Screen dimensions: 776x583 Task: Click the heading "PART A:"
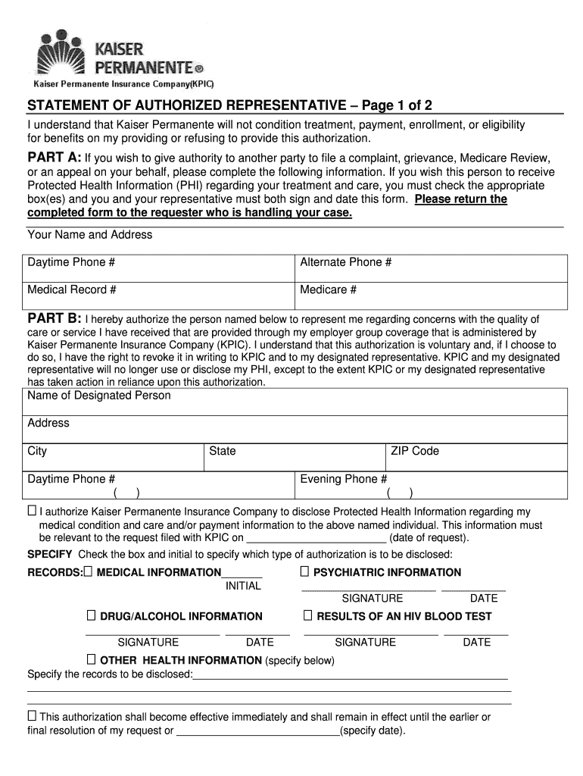pyautogui.click(x=55, y=158)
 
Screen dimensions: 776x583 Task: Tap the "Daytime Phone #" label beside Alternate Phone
pyautogui.click(x=71, y=263)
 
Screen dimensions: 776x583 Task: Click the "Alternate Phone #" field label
pyautogui.click(x=345, y=263)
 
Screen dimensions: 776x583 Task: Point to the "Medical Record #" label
pyautogui.click(x=71, y=290)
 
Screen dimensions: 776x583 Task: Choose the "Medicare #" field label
pyautogui.click(x=328, y=290)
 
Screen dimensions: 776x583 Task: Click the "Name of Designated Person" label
pyautogui.click(x=99, y=396)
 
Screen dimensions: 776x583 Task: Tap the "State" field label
pyautogui.click(x=223, y=451)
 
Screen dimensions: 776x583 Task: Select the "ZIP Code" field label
pyautogui.click(x=415, y=451)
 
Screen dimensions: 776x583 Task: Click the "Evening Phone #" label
pyautogui.click(x=344, y=479)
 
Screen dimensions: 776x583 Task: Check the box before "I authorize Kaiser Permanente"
pyautogui.click(x=32, y=511)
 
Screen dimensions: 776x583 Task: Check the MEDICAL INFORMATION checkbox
pyautogui.click(x=89, y=571)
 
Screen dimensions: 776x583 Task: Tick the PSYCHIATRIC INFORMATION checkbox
pyautogui.click(x=305, y=571)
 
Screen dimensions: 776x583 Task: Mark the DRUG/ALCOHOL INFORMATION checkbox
pyautogui.click(x=92, y=615)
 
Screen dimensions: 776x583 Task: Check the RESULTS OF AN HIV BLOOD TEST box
pyautogui.click(x=308, y=615)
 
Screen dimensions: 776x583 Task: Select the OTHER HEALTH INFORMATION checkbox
pyautogui.click(x=92, y=659)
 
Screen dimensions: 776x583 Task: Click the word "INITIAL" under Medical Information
pyautogui.click(x=243, y=586)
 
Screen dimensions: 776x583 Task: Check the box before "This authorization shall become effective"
pyautogui.click(x=32, y=715)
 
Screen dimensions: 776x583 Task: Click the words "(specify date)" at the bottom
pyautogui.click(x=373, y=731)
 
